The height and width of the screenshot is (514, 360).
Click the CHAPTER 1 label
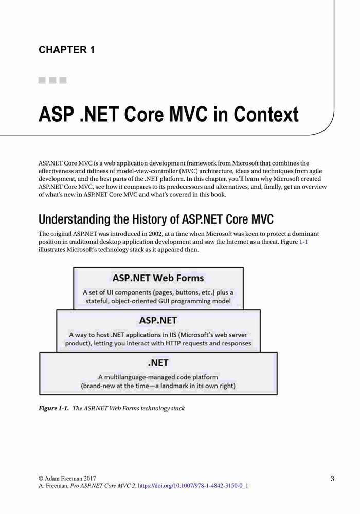coord(66,50)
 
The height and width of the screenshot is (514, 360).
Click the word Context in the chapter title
coord(266,114)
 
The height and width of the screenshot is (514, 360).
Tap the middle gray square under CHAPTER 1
coord(52,80)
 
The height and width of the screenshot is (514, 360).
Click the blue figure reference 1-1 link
coord(303,242)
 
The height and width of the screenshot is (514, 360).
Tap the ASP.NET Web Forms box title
coord(158,278)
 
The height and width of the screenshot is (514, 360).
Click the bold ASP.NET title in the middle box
coord(158,320)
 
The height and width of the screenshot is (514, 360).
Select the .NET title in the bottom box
coord(158,363)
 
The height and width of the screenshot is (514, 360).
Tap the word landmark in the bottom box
coord(174,386)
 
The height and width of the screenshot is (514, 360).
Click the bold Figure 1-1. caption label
coord(54,408)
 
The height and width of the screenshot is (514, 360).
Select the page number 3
coord(332,479)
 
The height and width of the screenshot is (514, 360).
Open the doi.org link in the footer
coord(193,486)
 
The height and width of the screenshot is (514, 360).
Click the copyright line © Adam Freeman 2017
coord(67,478)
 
